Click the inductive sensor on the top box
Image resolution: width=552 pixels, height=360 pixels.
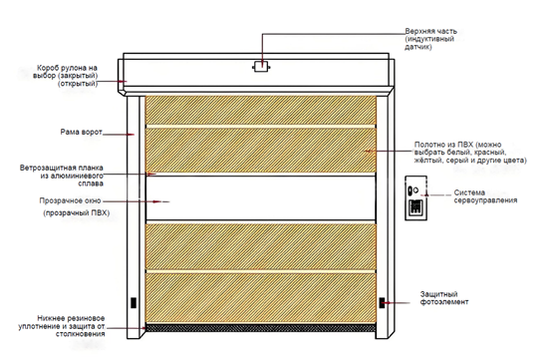261,66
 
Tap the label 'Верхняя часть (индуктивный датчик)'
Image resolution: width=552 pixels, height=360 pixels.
430,39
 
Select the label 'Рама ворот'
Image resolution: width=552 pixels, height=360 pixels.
82,132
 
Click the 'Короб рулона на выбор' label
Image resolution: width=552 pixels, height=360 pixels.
66,76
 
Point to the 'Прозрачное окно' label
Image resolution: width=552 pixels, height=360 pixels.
70,200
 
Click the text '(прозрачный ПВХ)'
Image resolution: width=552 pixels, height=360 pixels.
77,213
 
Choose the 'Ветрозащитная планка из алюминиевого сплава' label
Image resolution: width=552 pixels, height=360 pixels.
62,176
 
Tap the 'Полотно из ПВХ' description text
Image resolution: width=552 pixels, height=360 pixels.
470,153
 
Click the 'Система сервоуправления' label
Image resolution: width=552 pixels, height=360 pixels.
485,196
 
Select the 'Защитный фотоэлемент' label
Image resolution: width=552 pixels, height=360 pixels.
444,298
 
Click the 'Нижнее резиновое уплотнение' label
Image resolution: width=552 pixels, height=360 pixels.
62,326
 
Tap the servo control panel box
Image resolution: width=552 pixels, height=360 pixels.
416,198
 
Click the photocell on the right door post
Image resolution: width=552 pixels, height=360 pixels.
382,303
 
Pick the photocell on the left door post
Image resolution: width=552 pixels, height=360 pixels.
134,303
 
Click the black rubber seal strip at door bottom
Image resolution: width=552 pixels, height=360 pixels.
260,328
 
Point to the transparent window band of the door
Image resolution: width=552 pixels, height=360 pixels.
260,198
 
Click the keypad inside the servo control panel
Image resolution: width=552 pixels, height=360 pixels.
415,206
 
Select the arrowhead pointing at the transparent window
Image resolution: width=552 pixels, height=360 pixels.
156,201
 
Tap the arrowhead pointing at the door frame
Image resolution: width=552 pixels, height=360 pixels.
131,135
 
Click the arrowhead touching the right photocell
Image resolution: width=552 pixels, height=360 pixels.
388,303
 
